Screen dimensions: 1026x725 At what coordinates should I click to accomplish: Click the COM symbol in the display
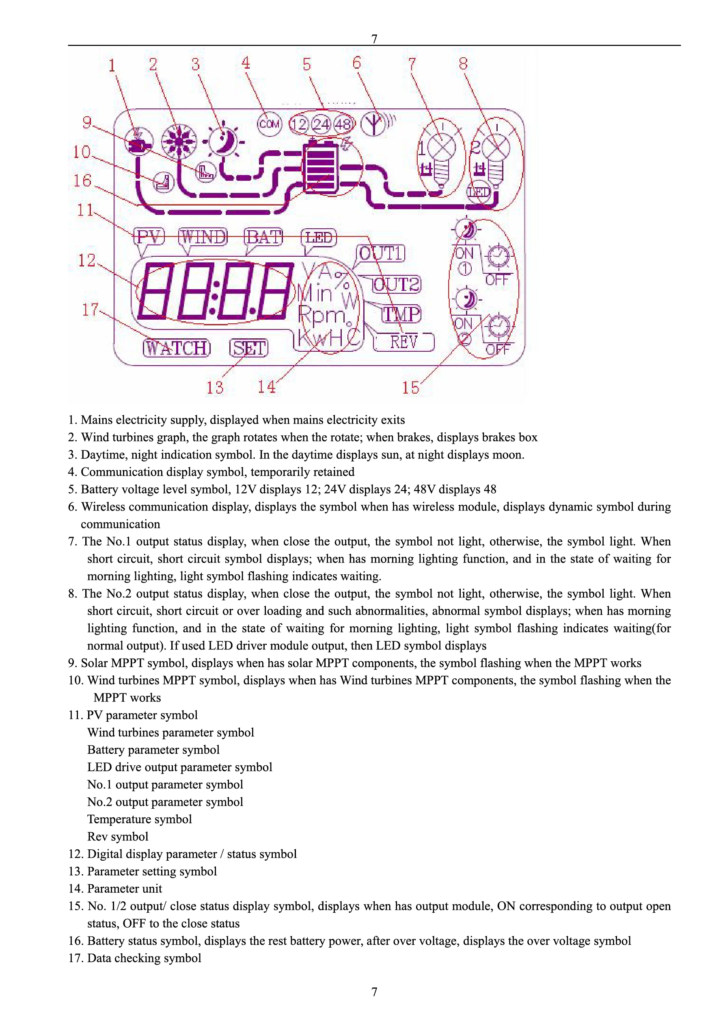point(270,124)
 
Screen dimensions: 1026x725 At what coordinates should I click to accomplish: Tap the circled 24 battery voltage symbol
point(321,124)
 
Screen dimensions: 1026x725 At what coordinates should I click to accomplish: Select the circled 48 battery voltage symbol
point(343,124)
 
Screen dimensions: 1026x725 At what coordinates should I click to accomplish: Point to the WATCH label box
point(177,348)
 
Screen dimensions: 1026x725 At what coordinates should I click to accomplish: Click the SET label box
point(249,348)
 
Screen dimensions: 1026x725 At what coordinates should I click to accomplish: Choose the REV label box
point(403,342)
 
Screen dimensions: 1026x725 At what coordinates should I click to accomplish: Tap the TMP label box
point(401,314)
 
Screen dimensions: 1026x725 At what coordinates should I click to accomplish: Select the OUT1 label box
point(381,253)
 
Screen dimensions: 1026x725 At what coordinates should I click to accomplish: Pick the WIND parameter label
point(203,237)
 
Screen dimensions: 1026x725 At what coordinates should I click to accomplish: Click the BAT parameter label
point(264,237)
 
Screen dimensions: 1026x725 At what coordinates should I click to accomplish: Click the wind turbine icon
point(179,141)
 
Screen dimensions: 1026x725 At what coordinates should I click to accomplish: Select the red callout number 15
point(410,387)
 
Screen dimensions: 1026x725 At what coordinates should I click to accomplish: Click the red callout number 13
point(215,387)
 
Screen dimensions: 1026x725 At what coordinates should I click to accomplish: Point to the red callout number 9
point(87,122)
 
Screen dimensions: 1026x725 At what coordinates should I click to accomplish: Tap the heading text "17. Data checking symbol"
point(134,958)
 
